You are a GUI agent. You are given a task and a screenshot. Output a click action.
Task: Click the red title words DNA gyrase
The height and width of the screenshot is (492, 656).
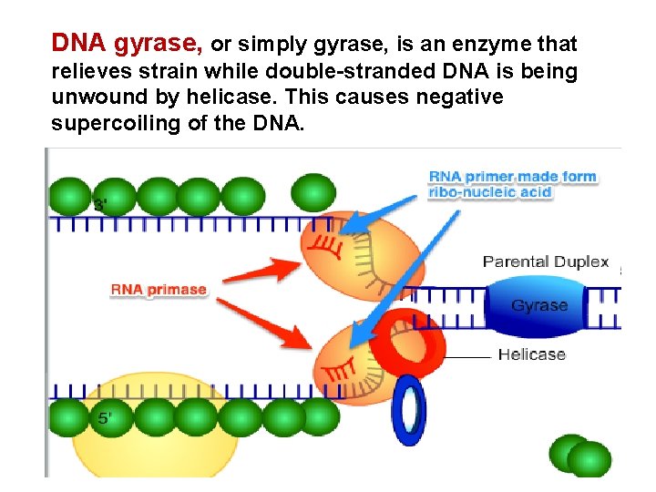(127, 43)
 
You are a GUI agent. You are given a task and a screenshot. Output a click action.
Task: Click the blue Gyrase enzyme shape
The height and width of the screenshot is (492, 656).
(535, 306)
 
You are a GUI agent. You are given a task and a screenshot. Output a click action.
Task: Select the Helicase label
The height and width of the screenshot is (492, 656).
(532, 354)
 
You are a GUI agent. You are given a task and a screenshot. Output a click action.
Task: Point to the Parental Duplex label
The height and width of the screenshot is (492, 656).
(546, 261)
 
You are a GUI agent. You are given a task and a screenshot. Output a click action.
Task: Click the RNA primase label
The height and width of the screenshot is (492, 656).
(159, 290)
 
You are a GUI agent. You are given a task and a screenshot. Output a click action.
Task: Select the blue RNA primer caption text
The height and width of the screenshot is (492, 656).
(512, 184)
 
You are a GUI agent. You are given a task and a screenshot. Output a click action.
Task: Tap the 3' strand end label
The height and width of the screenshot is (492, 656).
(100, 205)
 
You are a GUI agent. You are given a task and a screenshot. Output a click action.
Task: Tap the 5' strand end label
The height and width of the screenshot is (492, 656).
(105, 418)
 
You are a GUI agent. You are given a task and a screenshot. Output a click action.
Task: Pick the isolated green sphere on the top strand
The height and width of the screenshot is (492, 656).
(313, 193)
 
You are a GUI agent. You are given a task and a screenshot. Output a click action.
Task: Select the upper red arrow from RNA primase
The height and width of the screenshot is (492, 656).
(262, 272)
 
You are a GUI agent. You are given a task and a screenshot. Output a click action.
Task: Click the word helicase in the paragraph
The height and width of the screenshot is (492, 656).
(230, 97)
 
